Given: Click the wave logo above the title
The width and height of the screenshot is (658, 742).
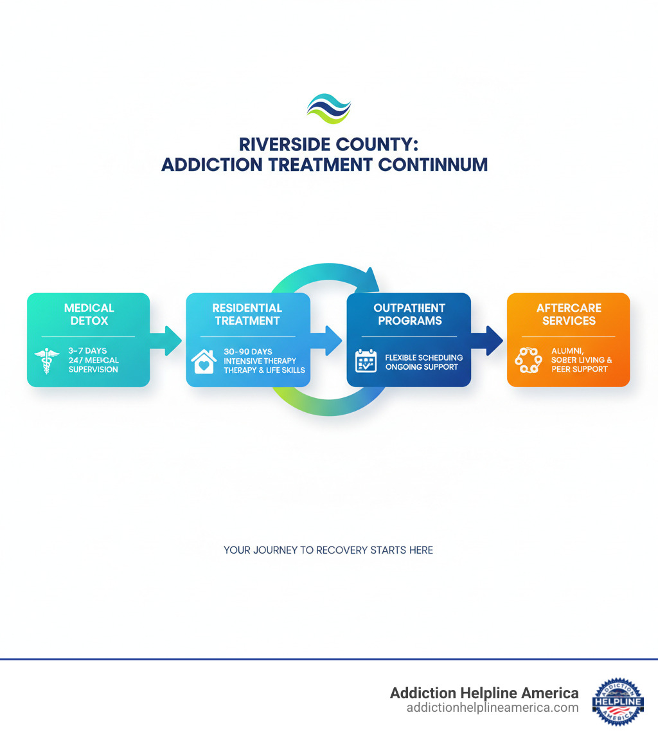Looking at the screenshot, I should point(328,108).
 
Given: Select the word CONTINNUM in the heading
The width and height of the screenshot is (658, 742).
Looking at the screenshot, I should point(434,164).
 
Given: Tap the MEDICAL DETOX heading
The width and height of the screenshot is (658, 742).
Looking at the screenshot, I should point(89,314).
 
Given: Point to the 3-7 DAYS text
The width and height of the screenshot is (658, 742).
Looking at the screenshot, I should point(87,351).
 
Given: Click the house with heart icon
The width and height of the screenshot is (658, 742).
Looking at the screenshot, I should point(204,361).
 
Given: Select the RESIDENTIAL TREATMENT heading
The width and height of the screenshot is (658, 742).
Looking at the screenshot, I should point(247,314).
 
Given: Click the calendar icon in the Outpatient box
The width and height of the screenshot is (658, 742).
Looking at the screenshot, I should point(366,361).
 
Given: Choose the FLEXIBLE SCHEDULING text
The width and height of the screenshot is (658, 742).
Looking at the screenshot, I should point(423,357).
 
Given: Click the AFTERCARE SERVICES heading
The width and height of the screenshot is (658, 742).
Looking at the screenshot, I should point(569,314).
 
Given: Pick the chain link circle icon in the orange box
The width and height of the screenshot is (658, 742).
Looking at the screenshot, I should point(529,361).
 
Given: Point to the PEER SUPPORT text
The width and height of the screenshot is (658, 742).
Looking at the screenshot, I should point(580,369).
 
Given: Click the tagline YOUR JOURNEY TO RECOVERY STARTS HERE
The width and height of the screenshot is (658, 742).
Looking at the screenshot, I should point(328,550).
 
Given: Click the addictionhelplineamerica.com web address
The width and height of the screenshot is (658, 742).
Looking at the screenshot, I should point(492,708).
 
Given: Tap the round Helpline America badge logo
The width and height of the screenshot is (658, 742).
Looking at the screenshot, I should point(618,701).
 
